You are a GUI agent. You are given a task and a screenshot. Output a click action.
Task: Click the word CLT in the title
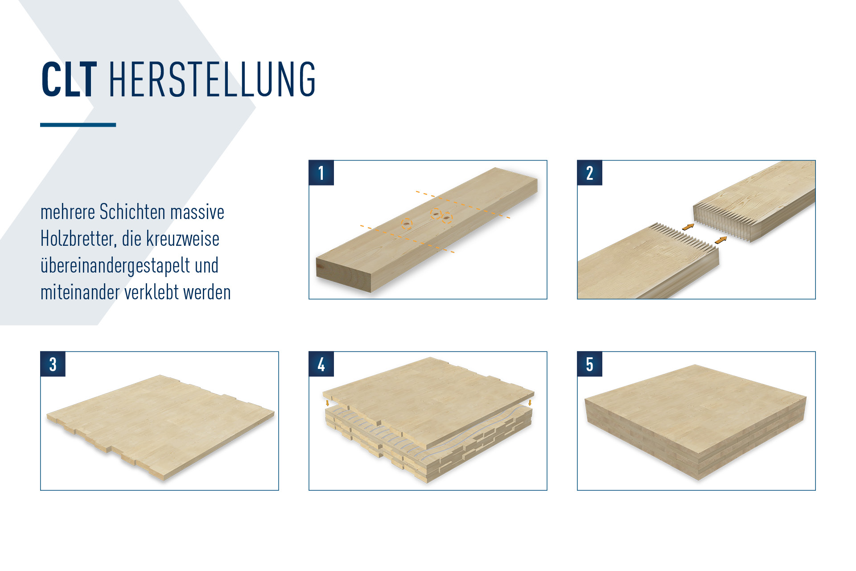[69, 79]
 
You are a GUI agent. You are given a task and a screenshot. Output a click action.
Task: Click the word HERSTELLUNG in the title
[212, 79]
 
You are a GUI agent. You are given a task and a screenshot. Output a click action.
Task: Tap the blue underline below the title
[78, 125]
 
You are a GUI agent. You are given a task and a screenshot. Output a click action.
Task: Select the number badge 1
[321, 173]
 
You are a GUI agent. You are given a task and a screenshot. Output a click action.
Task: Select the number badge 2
[589, 173]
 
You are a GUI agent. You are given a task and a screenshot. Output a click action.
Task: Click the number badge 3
[53, 364]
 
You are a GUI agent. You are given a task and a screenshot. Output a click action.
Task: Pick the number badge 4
[321, 364]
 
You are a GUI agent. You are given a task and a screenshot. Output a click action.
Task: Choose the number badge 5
[589, 364]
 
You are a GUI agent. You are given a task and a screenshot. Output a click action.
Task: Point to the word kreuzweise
[183, 239]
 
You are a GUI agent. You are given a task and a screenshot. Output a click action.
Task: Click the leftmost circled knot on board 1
[407, 223]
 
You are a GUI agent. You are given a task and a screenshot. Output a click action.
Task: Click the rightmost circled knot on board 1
[447, 218]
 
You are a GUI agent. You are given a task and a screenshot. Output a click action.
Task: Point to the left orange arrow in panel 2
[688, 227]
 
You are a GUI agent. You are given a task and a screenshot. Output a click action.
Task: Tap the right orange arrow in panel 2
[720, 240]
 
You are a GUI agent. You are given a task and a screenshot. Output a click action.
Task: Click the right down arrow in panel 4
[530, 402]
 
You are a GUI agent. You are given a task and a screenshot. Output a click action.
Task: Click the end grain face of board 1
[343, 273]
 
